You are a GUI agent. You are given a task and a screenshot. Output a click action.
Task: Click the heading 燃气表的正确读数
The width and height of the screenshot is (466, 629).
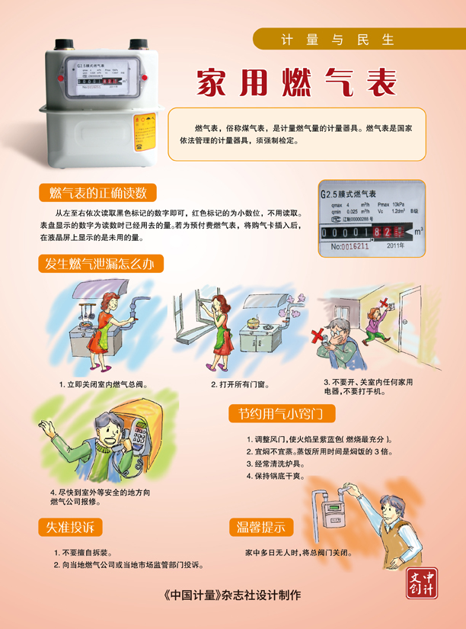click(x=98, y=191)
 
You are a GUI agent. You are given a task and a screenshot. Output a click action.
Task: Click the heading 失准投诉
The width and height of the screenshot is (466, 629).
click(x=69, y=527)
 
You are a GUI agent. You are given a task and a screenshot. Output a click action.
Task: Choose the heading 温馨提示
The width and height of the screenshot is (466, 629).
click(x=260, y=527)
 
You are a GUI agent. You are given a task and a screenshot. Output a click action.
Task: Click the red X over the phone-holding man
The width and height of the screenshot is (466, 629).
click(x=318, y=335)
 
